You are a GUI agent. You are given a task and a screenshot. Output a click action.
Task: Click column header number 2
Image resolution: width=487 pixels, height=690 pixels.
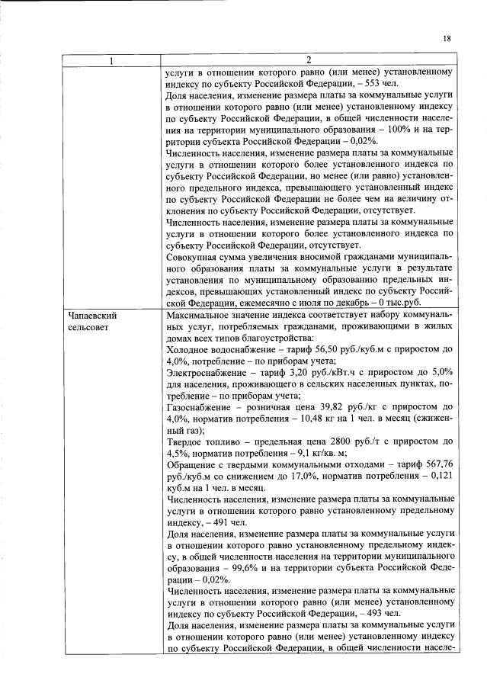pyautogui.click(x=308, y=60)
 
